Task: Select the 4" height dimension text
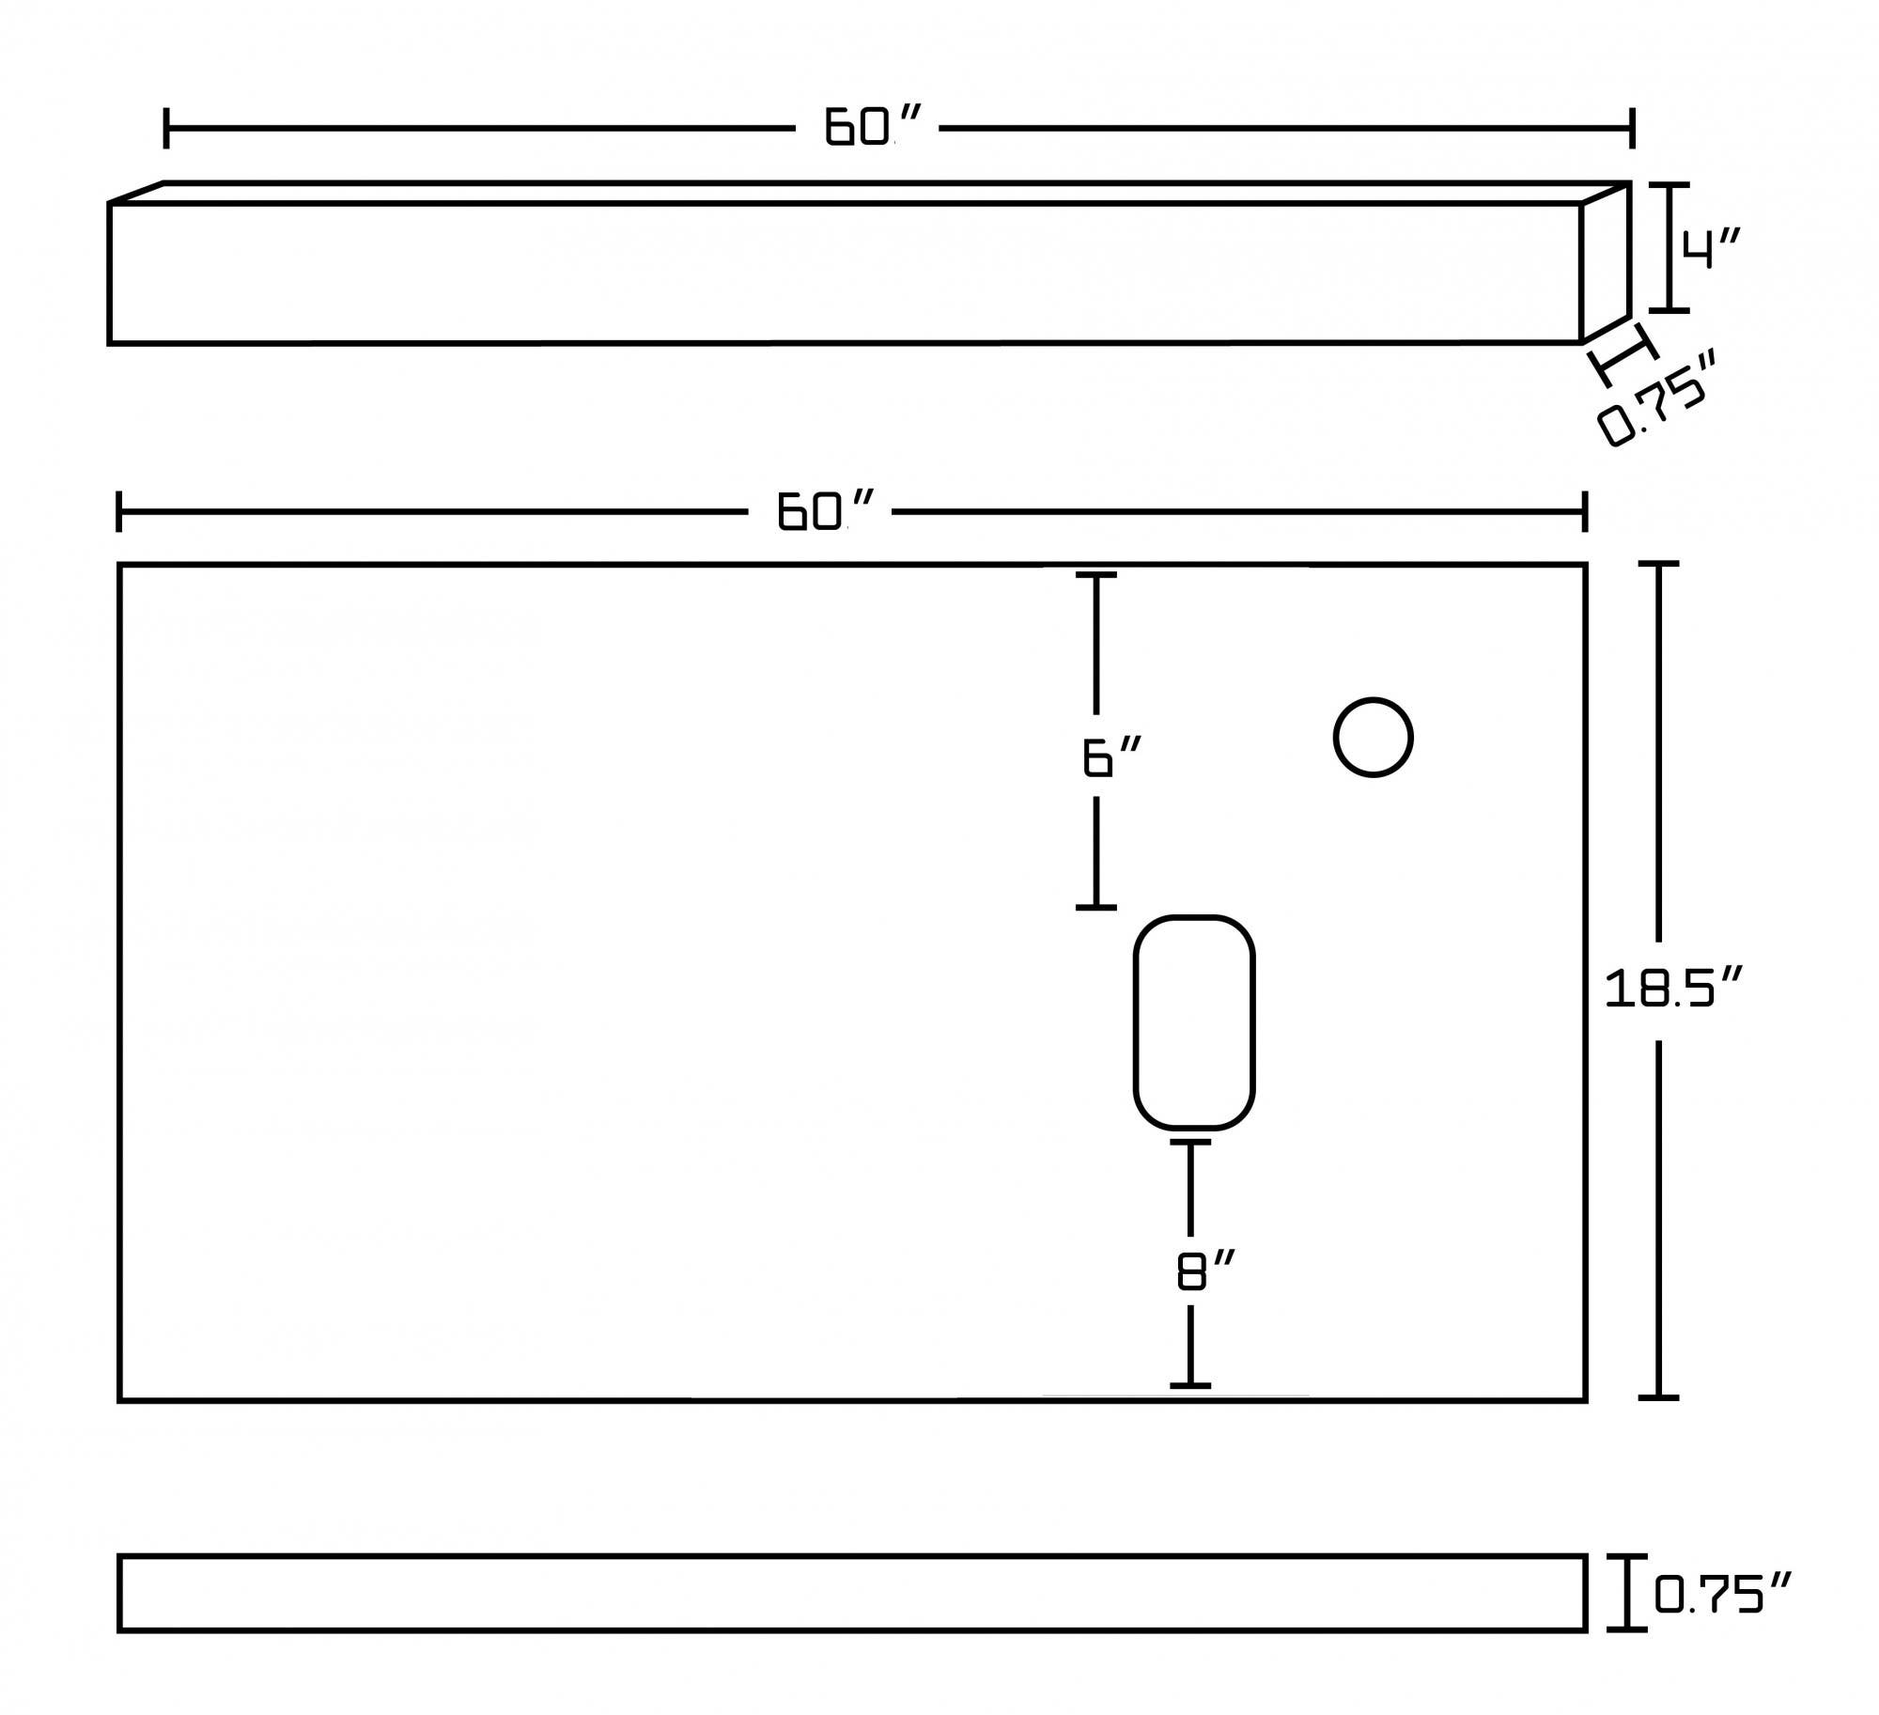[1711, 248]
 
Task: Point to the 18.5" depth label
[1673, 990]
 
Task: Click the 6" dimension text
[1111, 757]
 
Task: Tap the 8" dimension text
[1203, 1271]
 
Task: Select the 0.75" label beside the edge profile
[1723, 1594]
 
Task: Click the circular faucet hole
[1373, 738]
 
